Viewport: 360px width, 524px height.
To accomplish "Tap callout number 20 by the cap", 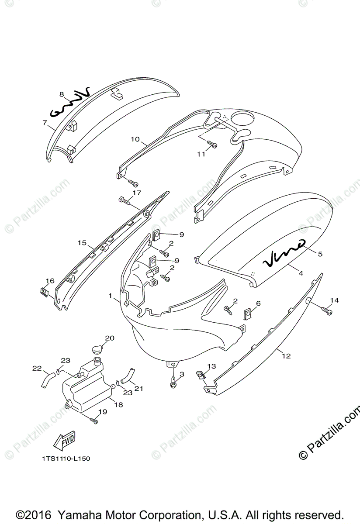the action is [x=109, y=338].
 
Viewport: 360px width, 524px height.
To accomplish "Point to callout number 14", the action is [x=334, y=300].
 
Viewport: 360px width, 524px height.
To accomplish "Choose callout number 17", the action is [x=137, y=192].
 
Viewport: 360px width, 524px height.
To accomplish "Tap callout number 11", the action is [x=201, y=154].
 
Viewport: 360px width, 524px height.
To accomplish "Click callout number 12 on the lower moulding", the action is [x=286, y=356].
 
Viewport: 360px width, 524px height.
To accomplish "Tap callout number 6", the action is [x=258, y=303].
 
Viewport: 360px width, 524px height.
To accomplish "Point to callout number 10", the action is [x=135, y=139].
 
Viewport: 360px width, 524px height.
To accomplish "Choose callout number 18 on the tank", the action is [x=118, y=404].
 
